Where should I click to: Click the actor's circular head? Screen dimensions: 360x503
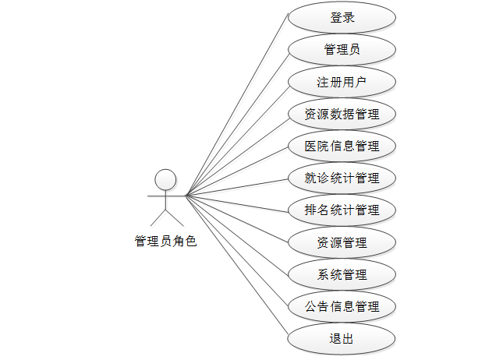click(x=165, y=179)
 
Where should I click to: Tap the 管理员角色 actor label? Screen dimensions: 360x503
click(x=165, y=242)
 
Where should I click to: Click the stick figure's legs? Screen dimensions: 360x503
click(x=165, y=216)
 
